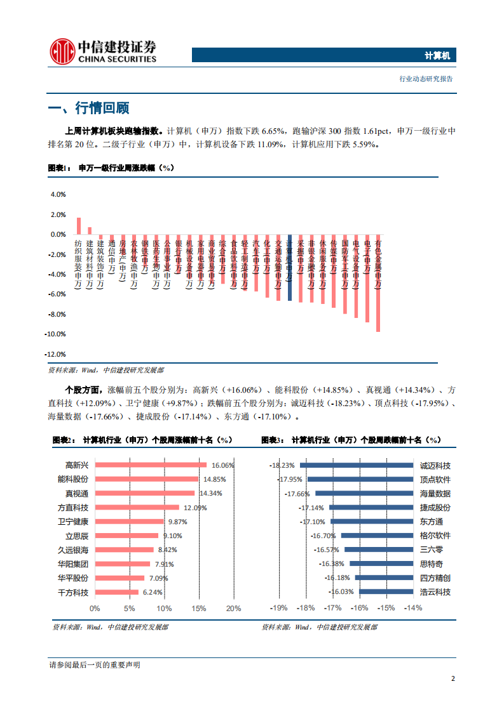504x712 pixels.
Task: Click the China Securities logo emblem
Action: coord(62,50)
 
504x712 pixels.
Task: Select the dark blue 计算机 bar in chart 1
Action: coord(290,267)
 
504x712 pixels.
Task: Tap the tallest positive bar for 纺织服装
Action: coord(79,226)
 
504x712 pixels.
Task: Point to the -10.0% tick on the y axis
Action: coord(57,334)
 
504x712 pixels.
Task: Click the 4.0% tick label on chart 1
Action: coord(58,195)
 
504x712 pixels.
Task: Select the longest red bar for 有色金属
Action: coord(378,283)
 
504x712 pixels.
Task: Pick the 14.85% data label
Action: coord(215,479)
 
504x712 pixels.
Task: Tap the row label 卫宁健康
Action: coord(73,522)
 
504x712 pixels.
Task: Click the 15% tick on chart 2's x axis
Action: coord(198,608)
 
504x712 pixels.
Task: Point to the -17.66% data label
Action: coord(297,494)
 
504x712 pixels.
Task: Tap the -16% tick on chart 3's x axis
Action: coord(359,608)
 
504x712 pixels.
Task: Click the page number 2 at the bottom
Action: coord(453,678)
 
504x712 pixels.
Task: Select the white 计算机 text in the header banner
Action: coord(437,56)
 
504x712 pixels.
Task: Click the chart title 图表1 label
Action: coord(61,168)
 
